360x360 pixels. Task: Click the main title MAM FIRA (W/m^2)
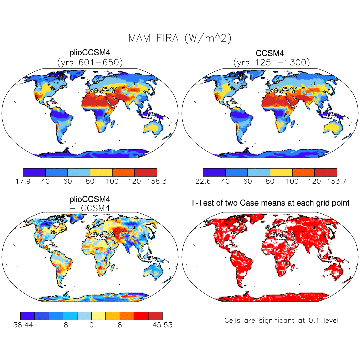click(180, 38)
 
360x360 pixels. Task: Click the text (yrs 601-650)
click(90, 62)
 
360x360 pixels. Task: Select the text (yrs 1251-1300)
click(270, 62)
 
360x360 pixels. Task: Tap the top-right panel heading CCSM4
click(270, 53)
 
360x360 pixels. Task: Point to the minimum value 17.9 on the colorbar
click(23, 181)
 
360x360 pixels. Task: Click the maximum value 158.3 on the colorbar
click(156, 181)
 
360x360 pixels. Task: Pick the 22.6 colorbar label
click(203, 181)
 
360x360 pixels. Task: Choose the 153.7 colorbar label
click(336, 181)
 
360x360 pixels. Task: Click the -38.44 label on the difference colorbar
click(21, 325)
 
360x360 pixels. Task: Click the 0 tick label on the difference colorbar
click(91, 325)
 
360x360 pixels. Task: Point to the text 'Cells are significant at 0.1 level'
click(281, 321)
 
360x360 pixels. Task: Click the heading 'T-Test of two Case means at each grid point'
click(270, 203)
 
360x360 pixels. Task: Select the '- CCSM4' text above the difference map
click(90, 208)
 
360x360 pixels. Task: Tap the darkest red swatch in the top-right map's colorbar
click(325, 172)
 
